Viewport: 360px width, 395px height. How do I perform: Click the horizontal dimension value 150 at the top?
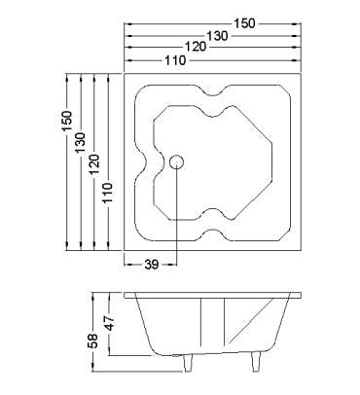(x=245, y=23)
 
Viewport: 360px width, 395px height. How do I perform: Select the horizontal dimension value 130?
(x=217, y=36)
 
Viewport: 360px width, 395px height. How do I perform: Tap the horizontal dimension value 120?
(x=196, y=47)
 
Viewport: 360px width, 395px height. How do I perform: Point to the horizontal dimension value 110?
(x=175, y=60)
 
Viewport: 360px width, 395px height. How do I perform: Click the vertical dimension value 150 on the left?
(x=67, y=121)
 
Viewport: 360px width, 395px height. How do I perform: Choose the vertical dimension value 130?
(x=80, y=143)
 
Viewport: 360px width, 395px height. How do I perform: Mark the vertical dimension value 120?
(x=94, y=164)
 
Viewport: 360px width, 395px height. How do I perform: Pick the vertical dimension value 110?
(x=108, y=193)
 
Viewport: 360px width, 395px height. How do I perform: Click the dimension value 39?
(x=152, y=265)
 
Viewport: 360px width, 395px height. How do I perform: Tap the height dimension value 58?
(x=92, y=341)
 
